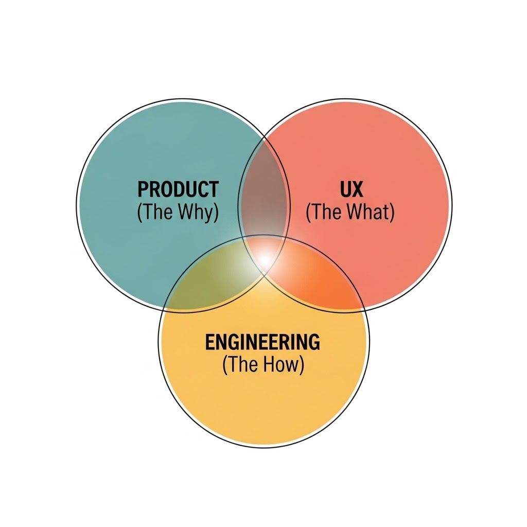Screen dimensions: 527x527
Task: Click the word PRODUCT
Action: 178,189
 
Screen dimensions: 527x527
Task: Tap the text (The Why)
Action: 178,212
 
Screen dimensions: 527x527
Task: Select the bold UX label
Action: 352,189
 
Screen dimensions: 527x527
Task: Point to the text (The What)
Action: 350,212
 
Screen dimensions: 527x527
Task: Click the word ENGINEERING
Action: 262,342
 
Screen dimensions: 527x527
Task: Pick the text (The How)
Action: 263,364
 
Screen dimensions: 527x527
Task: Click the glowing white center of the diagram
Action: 265,258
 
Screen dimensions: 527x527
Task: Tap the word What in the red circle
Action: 368,212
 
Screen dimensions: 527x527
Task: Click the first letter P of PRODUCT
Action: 143,189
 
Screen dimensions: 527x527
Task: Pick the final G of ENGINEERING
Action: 313,342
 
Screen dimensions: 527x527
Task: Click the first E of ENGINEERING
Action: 210,342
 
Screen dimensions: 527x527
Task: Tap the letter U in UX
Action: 345,189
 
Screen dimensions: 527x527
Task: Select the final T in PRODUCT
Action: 214,189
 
